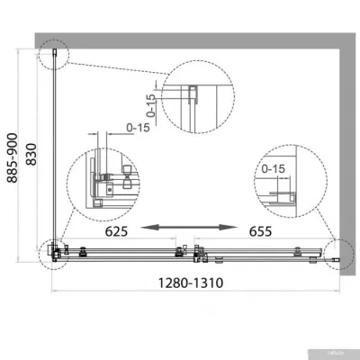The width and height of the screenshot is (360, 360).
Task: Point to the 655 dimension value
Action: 261,229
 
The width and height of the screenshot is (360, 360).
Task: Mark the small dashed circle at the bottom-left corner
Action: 53,254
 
